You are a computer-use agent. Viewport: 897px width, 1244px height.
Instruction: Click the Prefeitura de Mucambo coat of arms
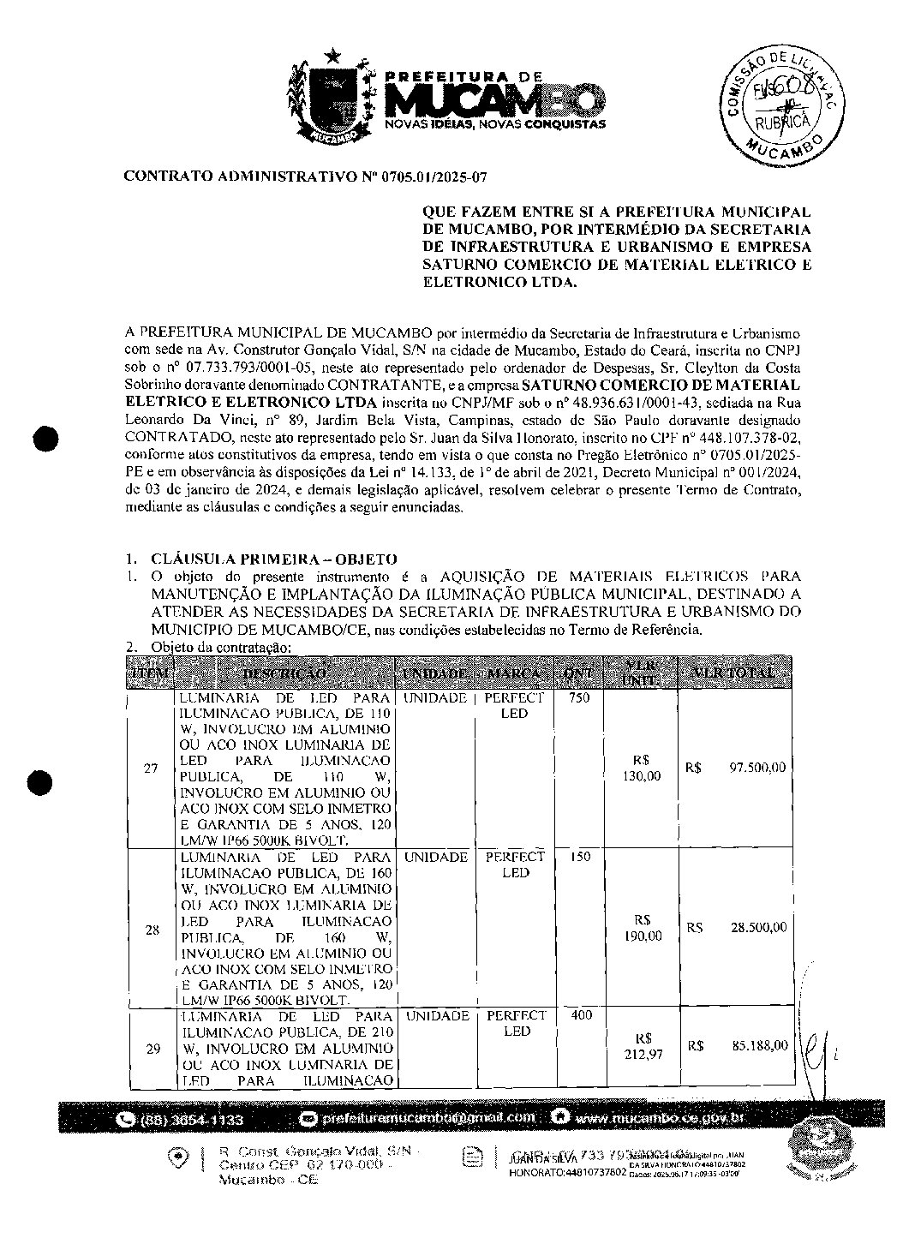332,97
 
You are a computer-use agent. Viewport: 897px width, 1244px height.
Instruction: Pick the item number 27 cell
151,769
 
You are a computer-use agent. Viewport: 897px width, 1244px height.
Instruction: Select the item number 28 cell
152,929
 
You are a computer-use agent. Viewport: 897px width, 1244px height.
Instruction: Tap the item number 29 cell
152,1048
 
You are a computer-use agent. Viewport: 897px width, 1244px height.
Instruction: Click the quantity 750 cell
579,698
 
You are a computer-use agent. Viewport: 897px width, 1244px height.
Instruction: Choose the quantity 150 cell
579,857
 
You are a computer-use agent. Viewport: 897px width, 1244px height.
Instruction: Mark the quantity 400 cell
581,1015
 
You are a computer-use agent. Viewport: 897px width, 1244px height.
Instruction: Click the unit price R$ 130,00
647,769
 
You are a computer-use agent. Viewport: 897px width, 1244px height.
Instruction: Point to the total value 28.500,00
757,928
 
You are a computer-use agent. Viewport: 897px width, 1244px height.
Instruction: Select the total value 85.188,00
759,1045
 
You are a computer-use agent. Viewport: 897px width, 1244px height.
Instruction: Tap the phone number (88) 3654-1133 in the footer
190,1120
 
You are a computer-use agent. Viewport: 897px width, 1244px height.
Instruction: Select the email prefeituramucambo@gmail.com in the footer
426,1118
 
